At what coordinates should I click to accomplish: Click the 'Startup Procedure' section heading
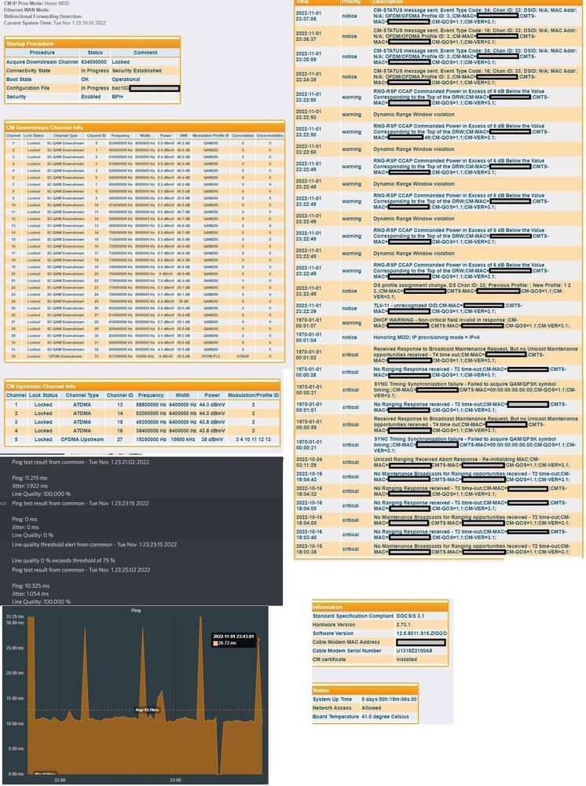tap(29, 43)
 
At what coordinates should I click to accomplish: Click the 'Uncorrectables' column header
tap(269, 135)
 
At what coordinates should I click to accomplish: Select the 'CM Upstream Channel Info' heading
tap(41, 386)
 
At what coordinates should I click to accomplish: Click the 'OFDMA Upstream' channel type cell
tap(81, 439)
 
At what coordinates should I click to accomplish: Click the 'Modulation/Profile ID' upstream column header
tap(253, 395)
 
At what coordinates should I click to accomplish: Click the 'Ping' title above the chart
tap(134, 609)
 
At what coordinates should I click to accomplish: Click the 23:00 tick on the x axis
tap(176, 780)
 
